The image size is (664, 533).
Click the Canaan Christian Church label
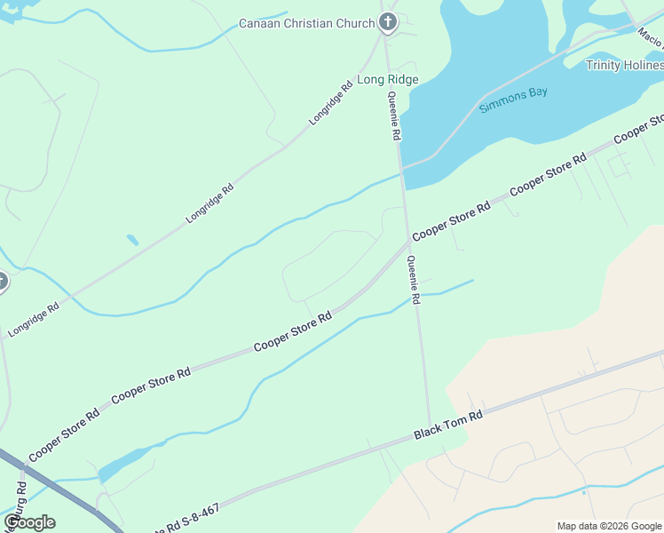coord(307,23)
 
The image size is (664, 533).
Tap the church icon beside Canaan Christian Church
coord(387,22)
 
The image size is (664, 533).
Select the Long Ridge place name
coord(388,80)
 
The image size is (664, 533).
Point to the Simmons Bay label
coord(514,101)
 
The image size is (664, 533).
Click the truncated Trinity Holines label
coord(624,65)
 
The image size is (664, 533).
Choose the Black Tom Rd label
coord(448,426)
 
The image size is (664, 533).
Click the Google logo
coord(29,522)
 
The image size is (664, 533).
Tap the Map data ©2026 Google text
coord(609,526)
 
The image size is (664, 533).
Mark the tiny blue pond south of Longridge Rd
coord(132,240)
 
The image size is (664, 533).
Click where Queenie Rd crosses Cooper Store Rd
coord(408,241)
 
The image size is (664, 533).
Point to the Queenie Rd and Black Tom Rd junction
coord(431,428)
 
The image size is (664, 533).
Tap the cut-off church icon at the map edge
coord(2,282)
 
